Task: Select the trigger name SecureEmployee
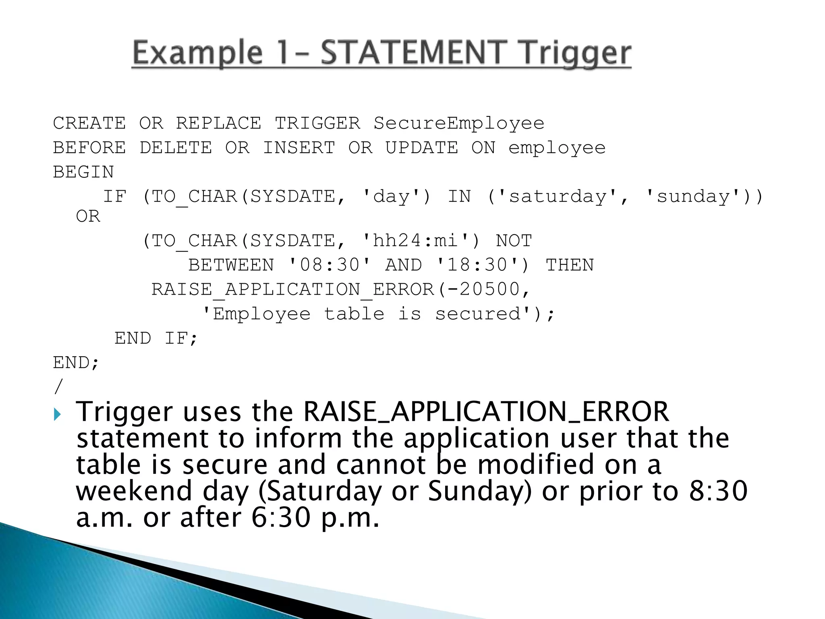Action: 459,123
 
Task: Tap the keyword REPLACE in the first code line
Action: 218,123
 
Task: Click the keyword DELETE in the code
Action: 176,148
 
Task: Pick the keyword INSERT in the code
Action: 299,148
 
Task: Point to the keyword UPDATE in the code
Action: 422,148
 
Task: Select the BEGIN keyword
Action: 83,172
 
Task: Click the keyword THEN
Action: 570,265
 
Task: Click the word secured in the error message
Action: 478,314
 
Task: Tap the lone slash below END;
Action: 59,387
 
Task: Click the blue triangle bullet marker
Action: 57,414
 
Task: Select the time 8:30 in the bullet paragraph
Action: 718,491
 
